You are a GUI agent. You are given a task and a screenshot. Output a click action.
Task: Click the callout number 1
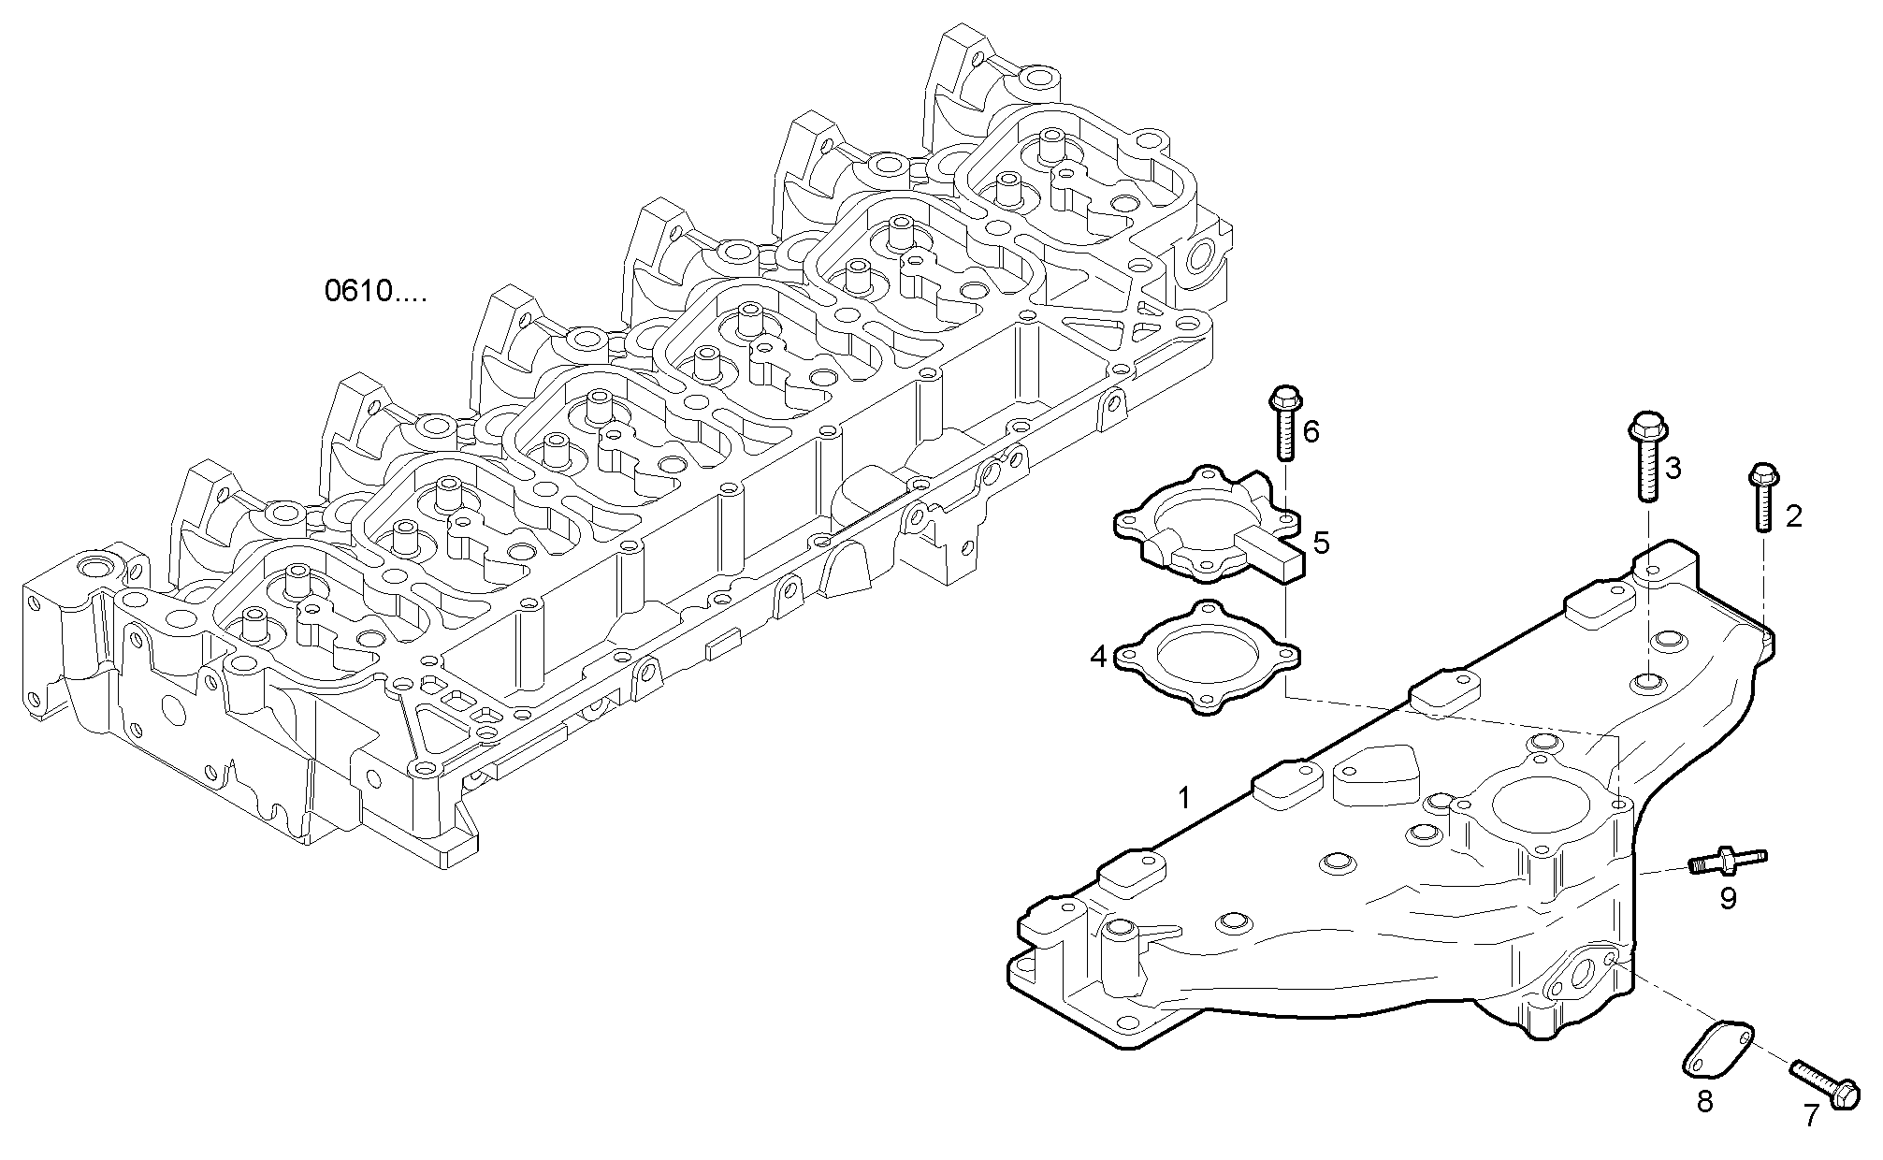[x=1184, y=798]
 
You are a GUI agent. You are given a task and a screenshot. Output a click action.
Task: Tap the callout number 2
[x=1793, y=515]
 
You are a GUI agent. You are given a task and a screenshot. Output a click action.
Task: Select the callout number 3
[x=1672, y=468]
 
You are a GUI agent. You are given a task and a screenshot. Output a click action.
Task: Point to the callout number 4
[x=1098, y=657]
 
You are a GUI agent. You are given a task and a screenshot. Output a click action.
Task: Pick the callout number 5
[x=1321, y=542]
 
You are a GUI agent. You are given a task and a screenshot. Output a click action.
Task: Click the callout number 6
[x=1311, y=431]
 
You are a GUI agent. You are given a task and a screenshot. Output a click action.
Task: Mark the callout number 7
[x=1812, y=1115]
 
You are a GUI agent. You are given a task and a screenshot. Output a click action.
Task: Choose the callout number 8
[x=1704, y=1103]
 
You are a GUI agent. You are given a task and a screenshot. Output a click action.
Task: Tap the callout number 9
[x=1728, y=899]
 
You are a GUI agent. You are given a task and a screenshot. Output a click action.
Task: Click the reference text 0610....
[x=374, y=292]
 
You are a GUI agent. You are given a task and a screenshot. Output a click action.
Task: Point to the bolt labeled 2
[x=1762, y=497]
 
